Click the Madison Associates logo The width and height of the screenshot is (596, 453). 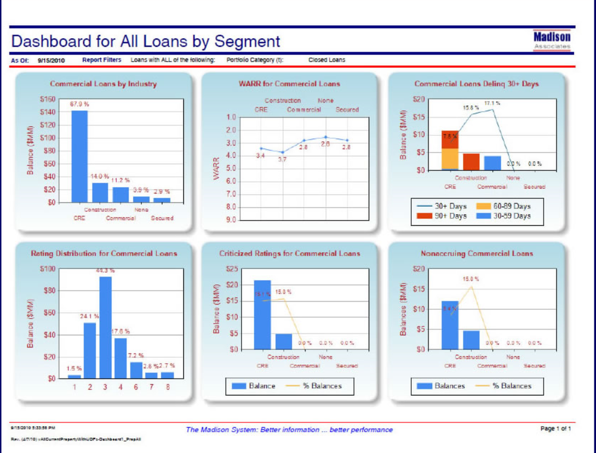pos(552,41)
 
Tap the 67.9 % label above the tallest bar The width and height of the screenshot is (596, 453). pos(79,104)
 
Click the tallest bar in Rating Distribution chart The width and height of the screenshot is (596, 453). pos(105,327)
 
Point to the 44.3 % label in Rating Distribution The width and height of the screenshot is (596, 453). pos(105,271)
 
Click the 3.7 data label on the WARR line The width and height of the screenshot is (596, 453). pos(283,160)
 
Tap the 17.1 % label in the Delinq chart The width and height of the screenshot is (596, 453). pos(492,103)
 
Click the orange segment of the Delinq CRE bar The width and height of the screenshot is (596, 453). pos(450,158)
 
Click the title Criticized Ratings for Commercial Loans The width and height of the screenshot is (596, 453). pos(290,253)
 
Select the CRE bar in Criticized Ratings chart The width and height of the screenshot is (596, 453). pos(262,315)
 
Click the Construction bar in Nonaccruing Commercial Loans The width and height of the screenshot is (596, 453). pos(471,340)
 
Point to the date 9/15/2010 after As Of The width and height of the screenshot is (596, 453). pos(51,60)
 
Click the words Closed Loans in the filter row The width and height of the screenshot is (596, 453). pos(327,60)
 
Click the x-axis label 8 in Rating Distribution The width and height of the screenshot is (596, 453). pos(167,387)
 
